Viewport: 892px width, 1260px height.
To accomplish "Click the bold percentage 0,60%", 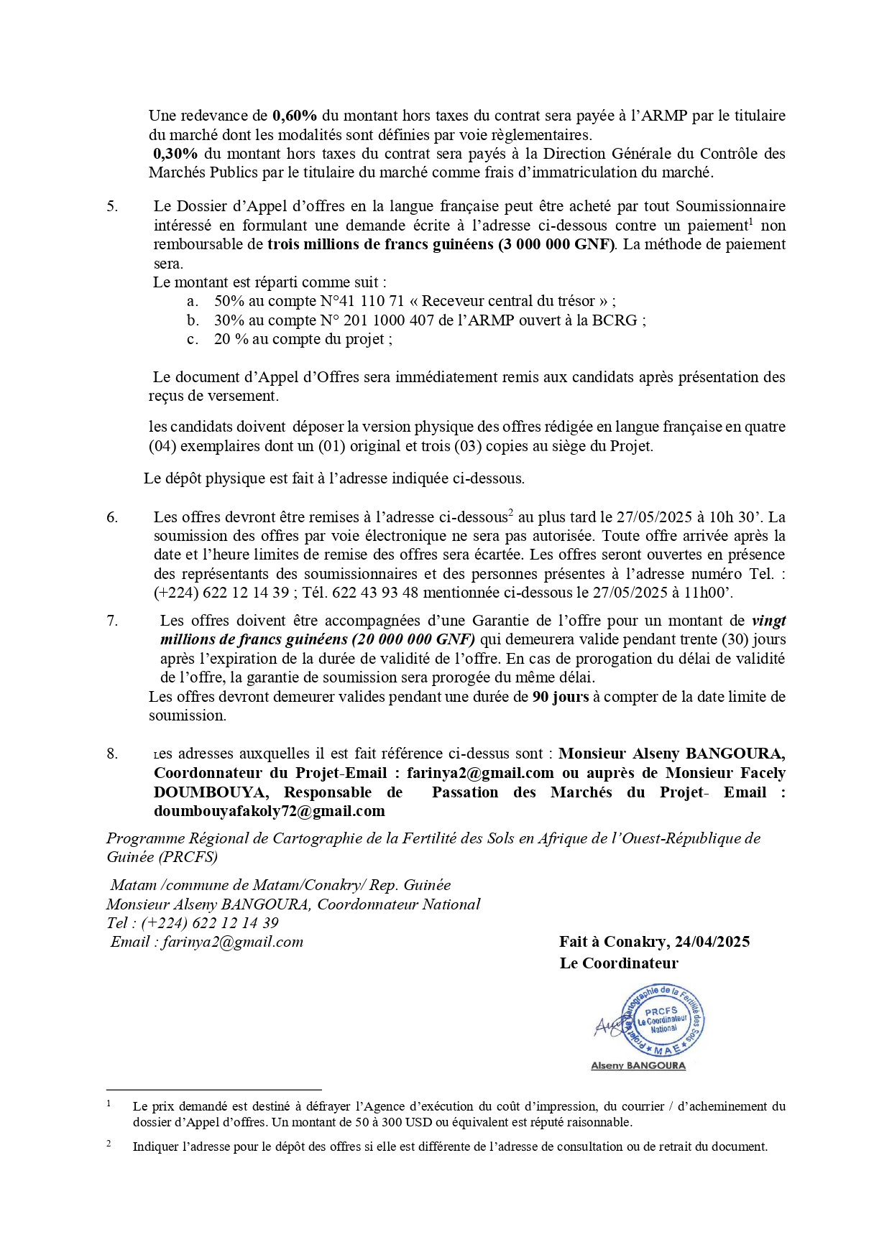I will coord(295,116).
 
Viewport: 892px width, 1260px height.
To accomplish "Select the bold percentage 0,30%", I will coord(175,154).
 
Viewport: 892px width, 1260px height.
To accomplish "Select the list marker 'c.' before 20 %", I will coord(193,339).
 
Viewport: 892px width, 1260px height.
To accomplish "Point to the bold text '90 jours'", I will coord(560,697).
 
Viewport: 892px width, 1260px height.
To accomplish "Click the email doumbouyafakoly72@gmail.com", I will coord(270,811).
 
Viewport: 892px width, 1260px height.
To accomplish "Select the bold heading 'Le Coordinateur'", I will coord(619,963).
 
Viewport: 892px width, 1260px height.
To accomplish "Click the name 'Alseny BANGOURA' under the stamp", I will coord(638,1066).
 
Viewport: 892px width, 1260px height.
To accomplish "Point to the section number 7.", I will coord(112,621).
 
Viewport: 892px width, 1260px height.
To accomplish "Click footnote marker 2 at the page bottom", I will coord(109,1143).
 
